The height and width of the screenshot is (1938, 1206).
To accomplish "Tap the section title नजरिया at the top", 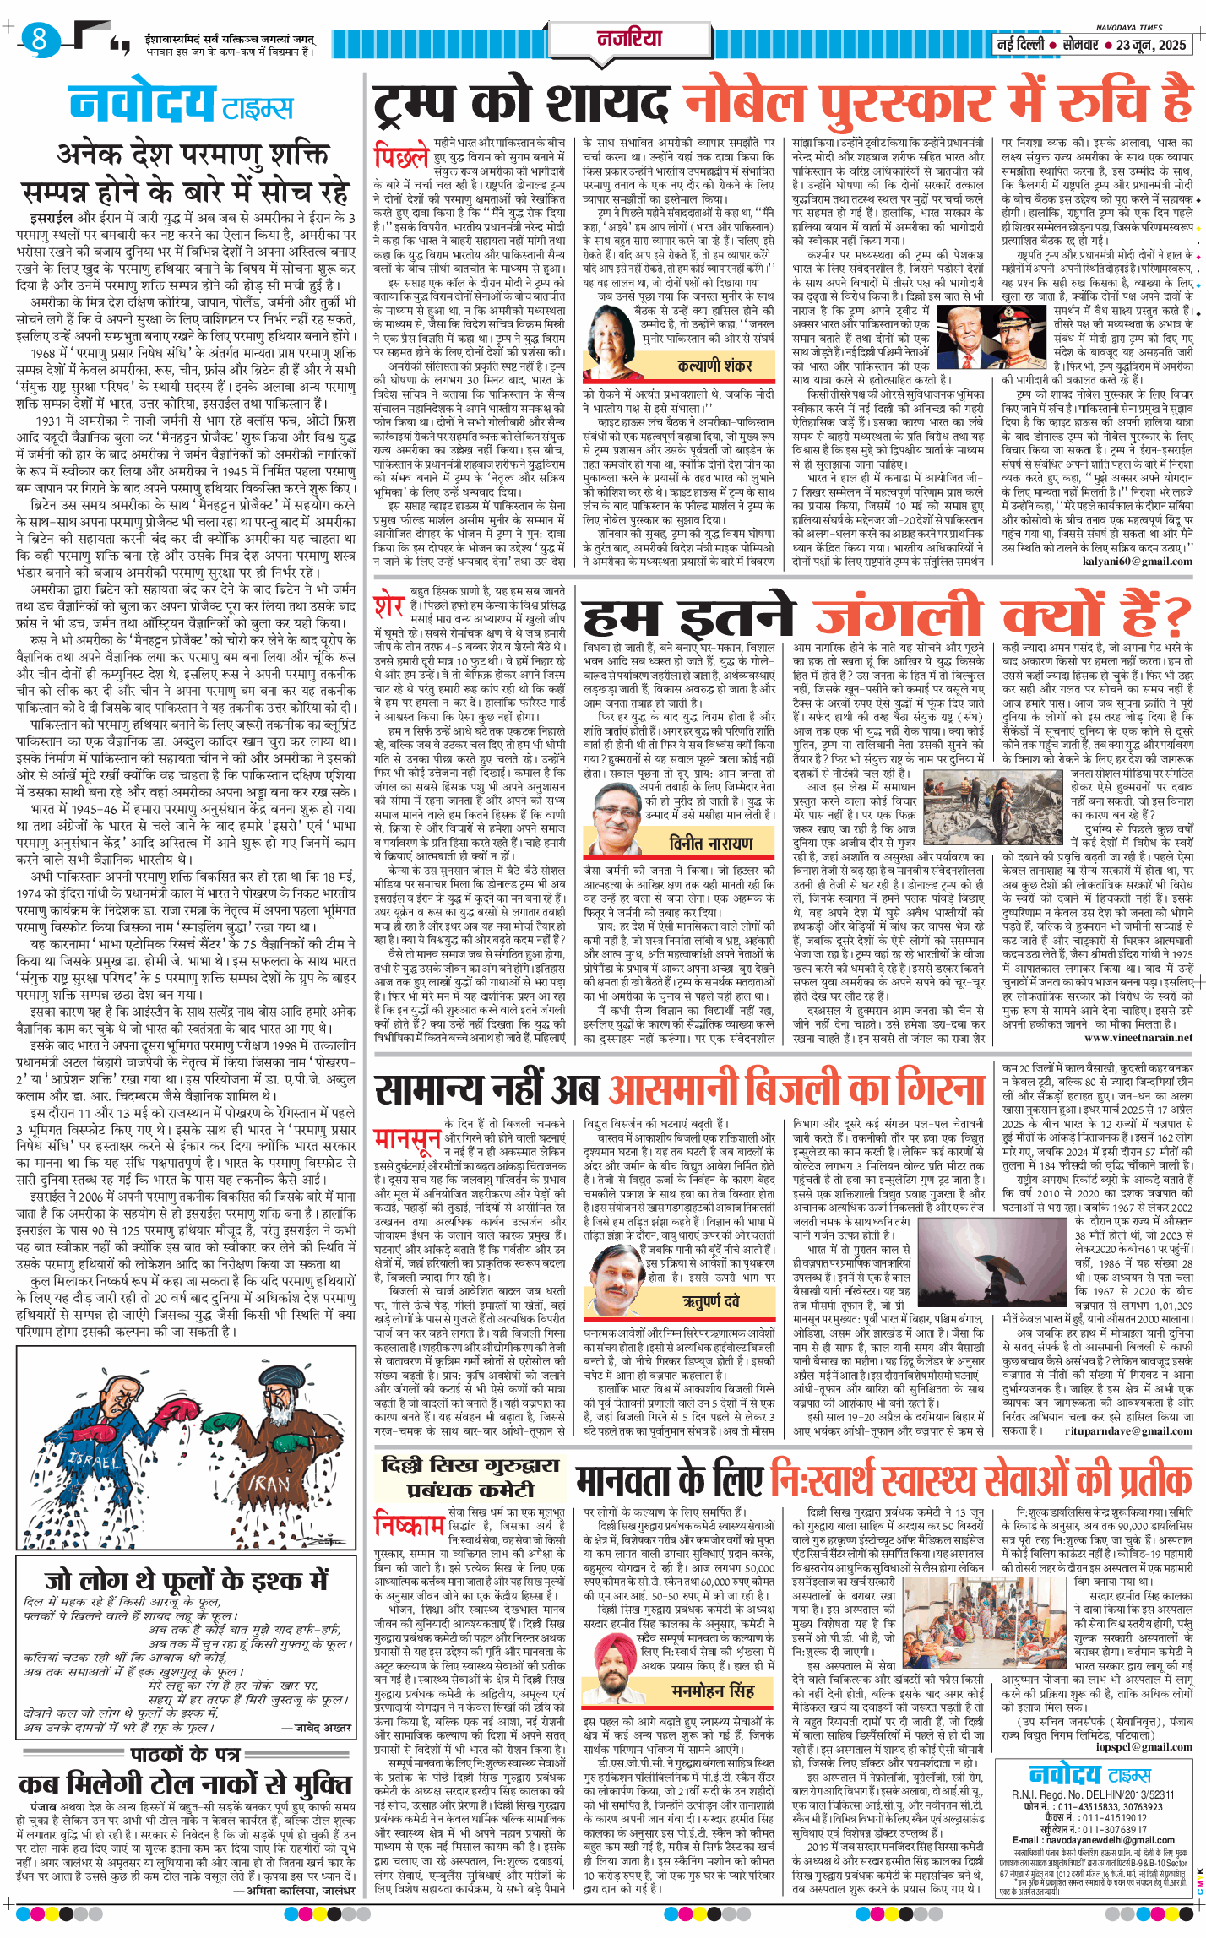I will [630, 38].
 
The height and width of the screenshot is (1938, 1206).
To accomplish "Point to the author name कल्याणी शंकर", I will [714, 366].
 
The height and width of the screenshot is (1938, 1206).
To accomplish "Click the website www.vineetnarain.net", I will [1138, 1038].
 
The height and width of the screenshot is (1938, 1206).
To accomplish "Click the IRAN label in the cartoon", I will [268, 1484].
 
